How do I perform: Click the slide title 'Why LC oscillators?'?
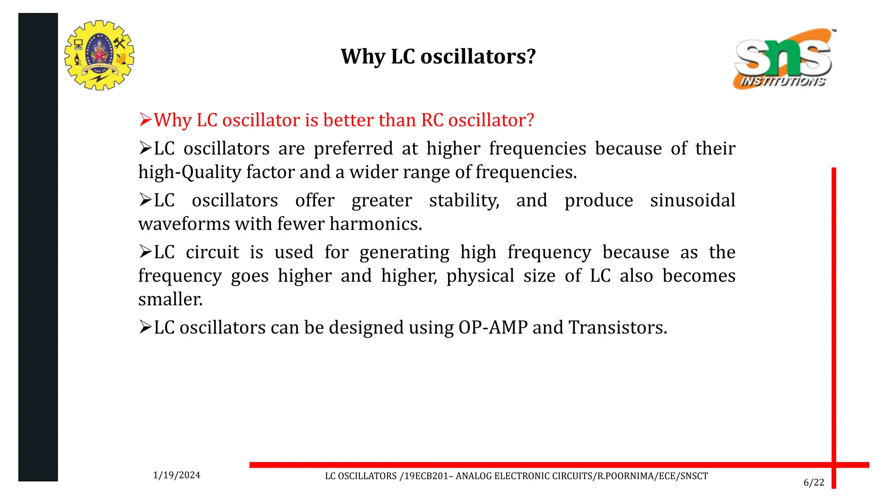[438, 57]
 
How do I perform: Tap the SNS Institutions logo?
[783, 59]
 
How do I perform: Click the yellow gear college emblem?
[99, 55]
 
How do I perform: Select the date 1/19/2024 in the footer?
[177, 475]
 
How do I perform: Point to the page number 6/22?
[814, 482]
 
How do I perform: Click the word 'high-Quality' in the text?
[190, 172]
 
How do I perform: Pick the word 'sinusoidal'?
[692, 200]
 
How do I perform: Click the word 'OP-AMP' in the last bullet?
[493, 327]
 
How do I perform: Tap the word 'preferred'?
[353, 148]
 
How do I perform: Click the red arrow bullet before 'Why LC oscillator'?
[145, 120]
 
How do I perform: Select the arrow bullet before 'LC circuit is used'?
[145, 252]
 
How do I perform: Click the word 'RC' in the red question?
[432, 120]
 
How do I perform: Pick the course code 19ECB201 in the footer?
[426, 476]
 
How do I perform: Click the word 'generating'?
[404, 252]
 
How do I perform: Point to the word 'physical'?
[480, 276]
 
